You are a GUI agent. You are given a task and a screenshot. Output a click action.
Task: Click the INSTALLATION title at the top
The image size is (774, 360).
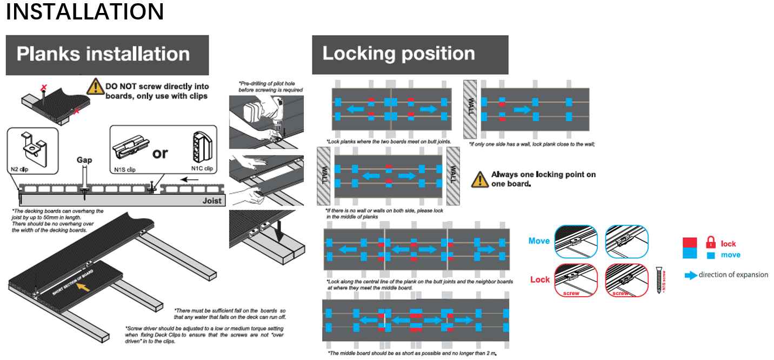(x=85, y=12)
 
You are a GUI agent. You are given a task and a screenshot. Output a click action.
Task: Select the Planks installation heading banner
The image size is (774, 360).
(x=107, y=55)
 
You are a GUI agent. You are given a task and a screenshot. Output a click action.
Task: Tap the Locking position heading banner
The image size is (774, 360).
(x=409, y=54)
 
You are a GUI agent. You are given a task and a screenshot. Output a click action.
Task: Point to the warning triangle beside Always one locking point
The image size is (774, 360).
(x=479, y=179)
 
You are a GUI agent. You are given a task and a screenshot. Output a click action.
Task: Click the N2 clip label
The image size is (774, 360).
(x=19, y=169)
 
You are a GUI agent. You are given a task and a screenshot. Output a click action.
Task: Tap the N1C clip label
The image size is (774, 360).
(x=203, y=169)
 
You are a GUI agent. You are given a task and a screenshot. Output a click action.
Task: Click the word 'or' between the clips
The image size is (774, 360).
(x=160, y=154)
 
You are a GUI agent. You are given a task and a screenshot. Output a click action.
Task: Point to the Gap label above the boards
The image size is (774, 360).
(x=84, y=160)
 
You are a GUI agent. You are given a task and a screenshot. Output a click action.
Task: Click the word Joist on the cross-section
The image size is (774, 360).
(x=212, y=201)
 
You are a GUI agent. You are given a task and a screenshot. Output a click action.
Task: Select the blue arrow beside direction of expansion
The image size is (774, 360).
(x=690, y=275)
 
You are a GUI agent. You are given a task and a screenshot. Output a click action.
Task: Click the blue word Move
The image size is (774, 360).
(x=538, y=241)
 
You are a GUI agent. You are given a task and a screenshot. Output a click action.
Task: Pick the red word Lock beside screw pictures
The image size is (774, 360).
(x=539, y=279)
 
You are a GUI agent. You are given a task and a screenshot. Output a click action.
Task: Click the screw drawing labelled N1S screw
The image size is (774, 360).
(x=659, y=279)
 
